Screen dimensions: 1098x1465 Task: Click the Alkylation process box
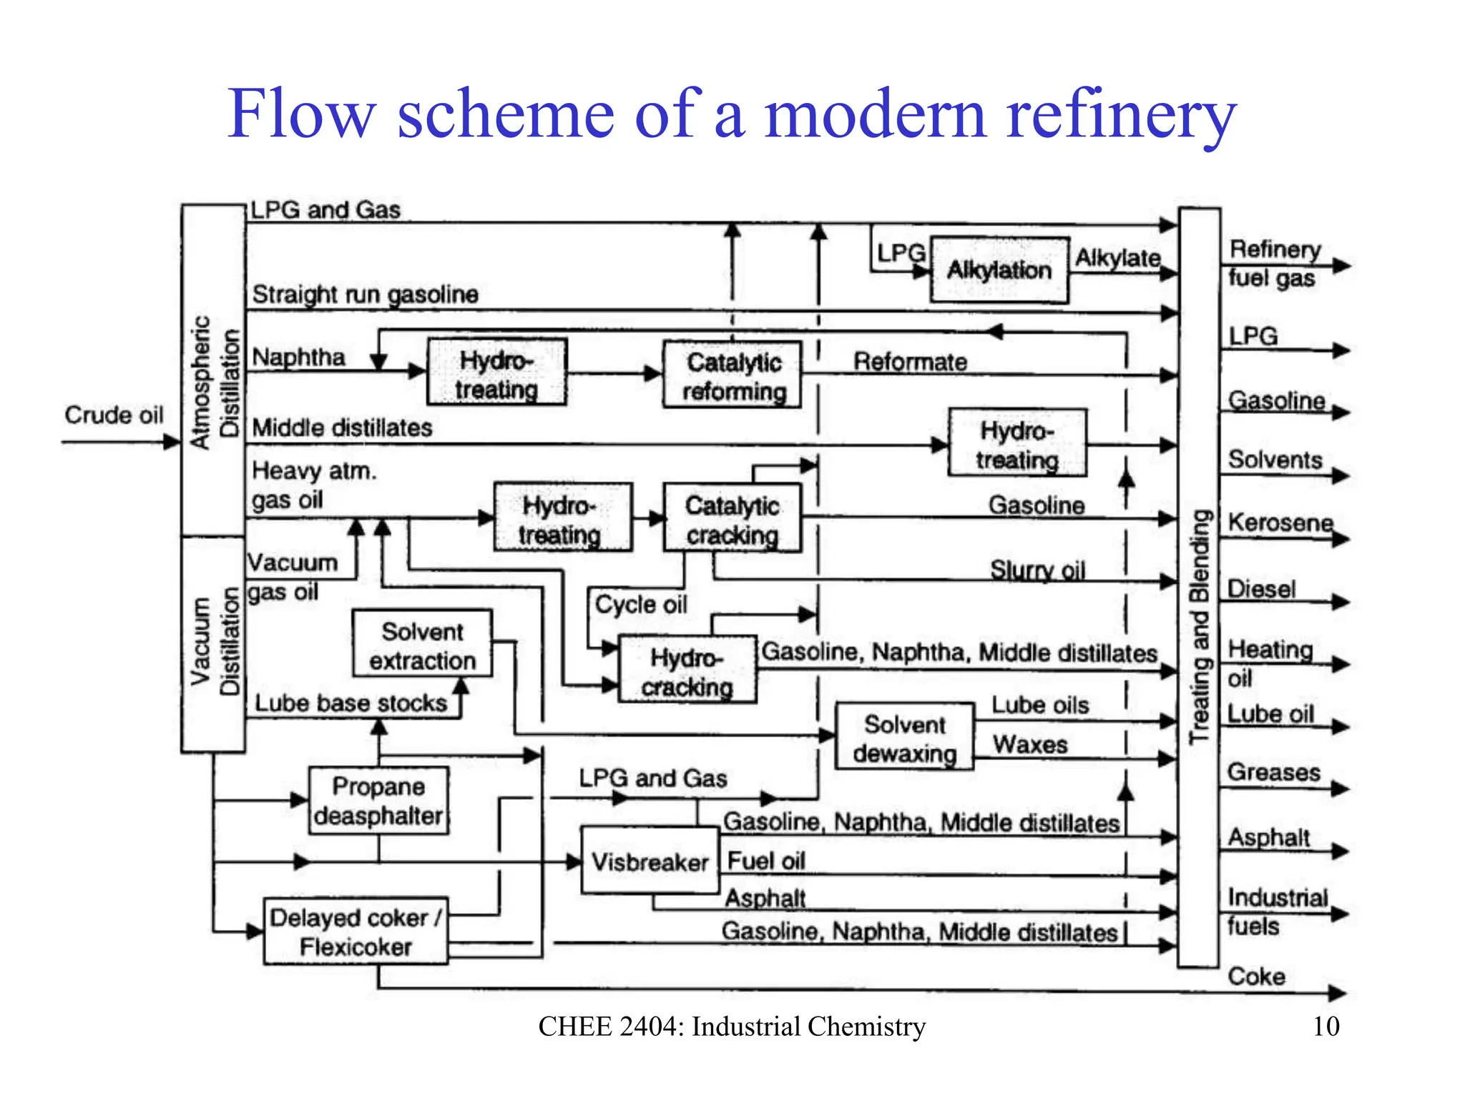(999, 270)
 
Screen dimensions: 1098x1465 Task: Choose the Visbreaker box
(650, 861)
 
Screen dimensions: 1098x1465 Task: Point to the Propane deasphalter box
(378, 801)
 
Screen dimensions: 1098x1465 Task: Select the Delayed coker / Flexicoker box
(356, 931)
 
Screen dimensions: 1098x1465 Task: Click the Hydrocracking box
(687, 671)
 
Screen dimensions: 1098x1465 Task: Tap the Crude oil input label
(114, 415)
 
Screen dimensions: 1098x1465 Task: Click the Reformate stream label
(910, 362)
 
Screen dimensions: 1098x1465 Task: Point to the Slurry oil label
(1037, 570)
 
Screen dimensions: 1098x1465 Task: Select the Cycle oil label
(640, 605)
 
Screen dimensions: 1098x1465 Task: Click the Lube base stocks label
(351, 703)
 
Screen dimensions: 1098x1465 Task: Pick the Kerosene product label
(1280, 523)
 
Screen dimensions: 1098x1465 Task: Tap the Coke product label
(1256, 976)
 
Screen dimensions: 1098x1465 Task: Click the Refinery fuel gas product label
(1274, 263)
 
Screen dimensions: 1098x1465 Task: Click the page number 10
(1326, 1026)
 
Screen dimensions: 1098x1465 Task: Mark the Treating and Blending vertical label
(1200, 626)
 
